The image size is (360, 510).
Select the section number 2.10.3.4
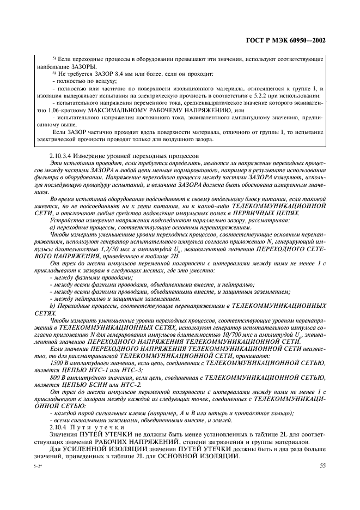point(64,156)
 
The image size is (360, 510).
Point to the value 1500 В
point(59,362)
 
